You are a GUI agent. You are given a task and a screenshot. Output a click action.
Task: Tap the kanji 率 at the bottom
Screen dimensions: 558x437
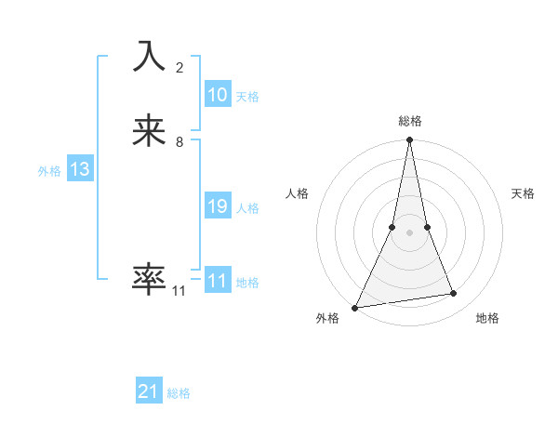(x=149, y=278)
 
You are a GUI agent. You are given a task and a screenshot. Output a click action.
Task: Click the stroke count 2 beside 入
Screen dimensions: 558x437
(x=179, y=68)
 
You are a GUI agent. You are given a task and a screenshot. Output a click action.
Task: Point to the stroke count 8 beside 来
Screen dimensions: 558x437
(x=179, y=142)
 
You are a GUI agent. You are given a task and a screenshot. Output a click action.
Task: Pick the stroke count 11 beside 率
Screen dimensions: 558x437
(x=179, y=291)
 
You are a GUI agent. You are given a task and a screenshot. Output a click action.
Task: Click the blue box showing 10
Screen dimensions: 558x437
(x=218, y=95)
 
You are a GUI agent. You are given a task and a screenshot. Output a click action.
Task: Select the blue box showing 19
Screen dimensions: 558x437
(x=218, y=207)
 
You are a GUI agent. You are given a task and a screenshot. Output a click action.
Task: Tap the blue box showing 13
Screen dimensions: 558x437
(x=80, y=170)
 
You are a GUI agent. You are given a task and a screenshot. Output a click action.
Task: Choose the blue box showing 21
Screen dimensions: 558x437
(x=149, y=392)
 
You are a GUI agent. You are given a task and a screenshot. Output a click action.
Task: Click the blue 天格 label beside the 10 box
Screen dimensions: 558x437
(x=247, y=97)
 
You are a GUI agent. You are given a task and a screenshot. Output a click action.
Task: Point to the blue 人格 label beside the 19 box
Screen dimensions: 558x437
(x=248, y=208)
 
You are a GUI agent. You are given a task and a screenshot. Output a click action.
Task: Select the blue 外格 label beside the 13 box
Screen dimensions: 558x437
(x=49, y=171)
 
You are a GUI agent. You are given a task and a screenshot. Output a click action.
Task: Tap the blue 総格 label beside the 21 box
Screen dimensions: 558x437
(x=179, y=393)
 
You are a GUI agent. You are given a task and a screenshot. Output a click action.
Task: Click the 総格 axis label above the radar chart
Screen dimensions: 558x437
(x=410, y=121)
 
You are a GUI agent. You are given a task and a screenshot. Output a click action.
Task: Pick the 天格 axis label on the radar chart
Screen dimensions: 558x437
(x=524, y=193)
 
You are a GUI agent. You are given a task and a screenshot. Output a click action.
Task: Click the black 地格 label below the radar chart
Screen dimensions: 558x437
(x=487, y=319)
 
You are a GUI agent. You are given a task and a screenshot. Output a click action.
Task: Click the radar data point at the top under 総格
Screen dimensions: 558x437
(x=409, y=140)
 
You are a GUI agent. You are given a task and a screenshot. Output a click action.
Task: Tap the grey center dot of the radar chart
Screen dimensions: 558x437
(x=409, y=232)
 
